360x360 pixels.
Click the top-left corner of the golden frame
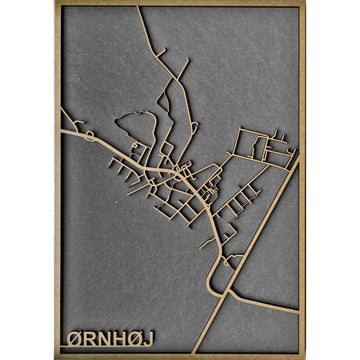click(57, 6)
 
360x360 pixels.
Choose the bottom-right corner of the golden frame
click(302, 353)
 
